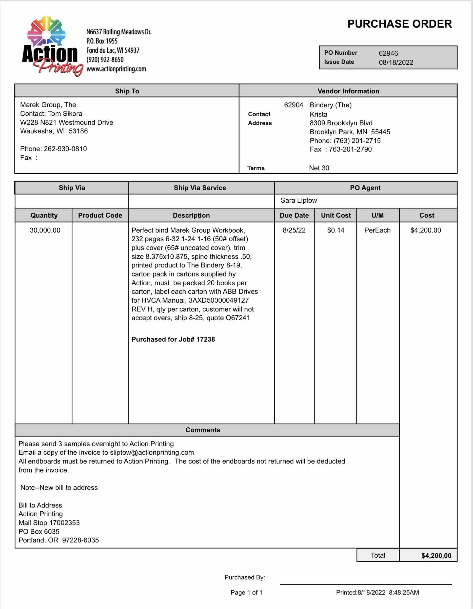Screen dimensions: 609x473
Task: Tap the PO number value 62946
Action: point(388,53)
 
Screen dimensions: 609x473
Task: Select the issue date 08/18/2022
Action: point(396,62)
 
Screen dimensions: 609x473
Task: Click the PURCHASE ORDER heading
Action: point(399,24)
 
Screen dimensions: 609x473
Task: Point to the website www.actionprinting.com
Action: point(116,69)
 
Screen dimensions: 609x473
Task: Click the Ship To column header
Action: point(127,91)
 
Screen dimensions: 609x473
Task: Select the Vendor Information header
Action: point(348,91)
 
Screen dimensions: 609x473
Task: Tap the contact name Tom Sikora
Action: point(65,114)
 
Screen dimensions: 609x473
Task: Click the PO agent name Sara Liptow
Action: point(299,200)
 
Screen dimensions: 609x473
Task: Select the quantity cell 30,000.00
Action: point(45,230)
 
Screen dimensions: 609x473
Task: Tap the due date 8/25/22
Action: point(294,230)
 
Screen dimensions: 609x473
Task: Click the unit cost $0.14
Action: point(336,230)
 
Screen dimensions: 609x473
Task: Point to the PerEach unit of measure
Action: point(377,230)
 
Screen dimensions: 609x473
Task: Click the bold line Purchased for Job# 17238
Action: point(173,339)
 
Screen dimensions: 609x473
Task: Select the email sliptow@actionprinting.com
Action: point(152,452)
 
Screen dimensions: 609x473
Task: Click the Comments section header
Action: point(203,430)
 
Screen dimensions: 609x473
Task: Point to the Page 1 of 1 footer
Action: point(246,593)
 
